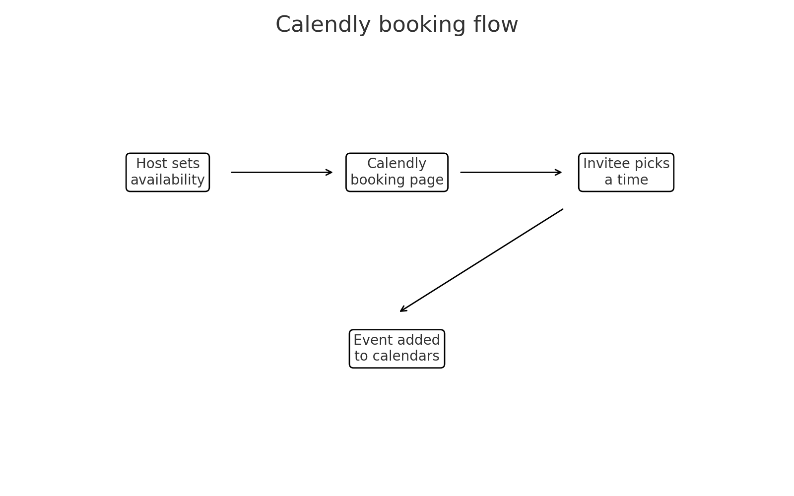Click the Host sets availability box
(x=168, y=172)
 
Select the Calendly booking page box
(x=397, y=172)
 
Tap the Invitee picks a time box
(x=626, y=172)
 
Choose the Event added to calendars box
(x=397, y=349)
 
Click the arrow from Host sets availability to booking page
(x=281, y=173)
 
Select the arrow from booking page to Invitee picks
(x=511, y=173)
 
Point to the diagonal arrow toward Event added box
(x=481, y=260)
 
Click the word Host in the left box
(x=151, y=164)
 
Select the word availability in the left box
(x=168, y=180)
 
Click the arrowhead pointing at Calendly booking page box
(x=330, y=173)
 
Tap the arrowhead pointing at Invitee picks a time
(x=559, y=173)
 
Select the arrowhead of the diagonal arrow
(x=402, y=310)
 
